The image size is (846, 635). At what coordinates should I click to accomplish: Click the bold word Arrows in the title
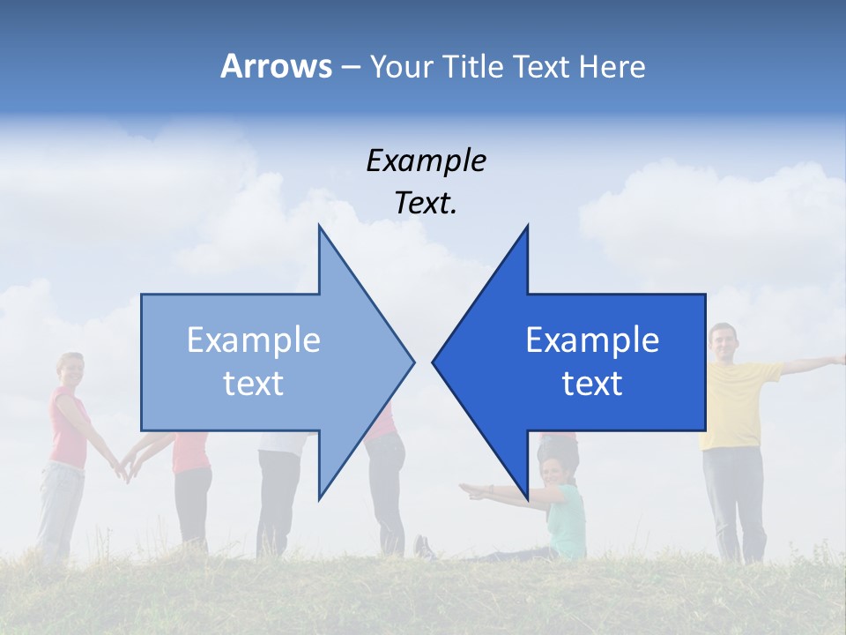tap(276, 66)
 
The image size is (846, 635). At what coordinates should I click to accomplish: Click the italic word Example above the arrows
tap(426, 161)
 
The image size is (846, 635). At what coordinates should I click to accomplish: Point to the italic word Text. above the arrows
tap(426, 204)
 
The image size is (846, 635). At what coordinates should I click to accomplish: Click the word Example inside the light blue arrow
tap(254, 340)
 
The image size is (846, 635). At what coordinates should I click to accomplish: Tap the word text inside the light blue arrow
tap(254, 384)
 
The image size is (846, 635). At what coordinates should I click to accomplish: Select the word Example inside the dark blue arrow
tap(592, 340)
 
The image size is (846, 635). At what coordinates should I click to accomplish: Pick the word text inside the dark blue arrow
tap(592, 384)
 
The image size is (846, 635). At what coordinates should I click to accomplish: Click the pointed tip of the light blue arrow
tap(412, 361)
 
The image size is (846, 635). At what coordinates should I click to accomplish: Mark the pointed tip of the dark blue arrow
tap(434, 361)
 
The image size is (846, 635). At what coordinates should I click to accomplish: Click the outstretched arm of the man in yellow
tap(811, 363)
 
